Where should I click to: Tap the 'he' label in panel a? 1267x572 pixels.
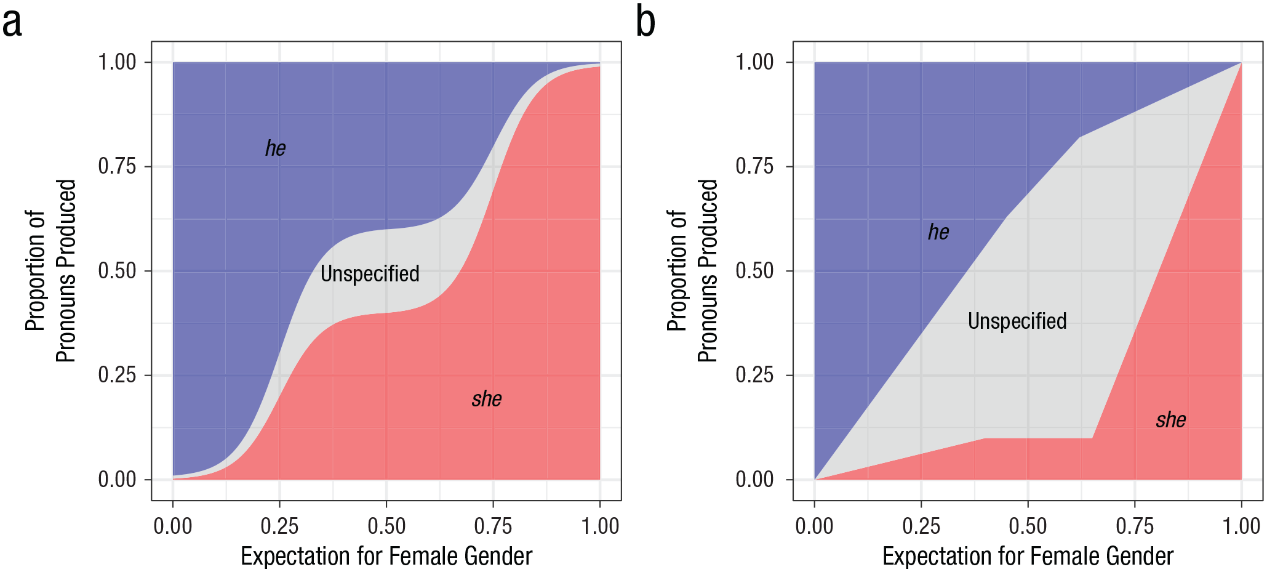coord(275,148)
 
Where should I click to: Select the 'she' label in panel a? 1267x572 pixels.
coord(487,399)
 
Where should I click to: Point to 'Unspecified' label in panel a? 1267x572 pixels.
coord(370,273)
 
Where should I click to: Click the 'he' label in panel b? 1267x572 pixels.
coord(938,232)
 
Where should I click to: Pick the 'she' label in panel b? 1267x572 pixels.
coord(1170,420)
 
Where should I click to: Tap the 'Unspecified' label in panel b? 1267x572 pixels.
coord(1017,321)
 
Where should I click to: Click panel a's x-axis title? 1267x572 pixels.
coord(386,556)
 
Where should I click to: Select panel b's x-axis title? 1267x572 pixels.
coord(1028,556)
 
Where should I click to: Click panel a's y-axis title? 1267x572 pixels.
coord(50,271)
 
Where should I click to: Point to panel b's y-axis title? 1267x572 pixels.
coord(692,271)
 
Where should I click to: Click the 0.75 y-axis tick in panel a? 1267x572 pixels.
coord(117,166)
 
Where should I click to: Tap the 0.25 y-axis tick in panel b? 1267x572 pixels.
coord(754,375)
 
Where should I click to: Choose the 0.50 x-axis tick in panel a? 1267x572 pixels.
coord(386,526)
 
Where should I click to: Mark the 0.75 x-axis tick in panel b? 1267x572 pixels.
coord(1135,526)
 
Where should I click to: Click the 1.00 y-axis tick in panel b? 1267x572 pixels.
coord(754,62)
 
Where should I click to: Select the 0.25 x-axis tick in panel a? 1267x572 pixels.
coord(279,526)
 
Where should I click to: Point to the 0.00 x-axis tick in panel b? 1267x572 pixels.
coord(814,526)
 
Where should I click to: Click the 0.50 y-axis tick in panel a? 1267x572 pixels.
coord(117,271)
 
